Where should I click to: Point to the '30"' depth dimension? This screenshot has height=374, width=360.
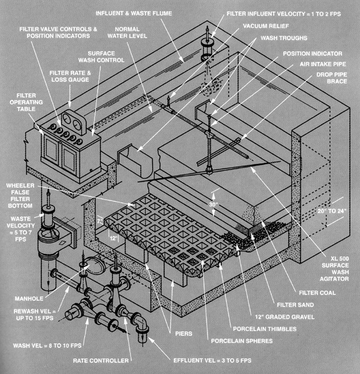(214, 204)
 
